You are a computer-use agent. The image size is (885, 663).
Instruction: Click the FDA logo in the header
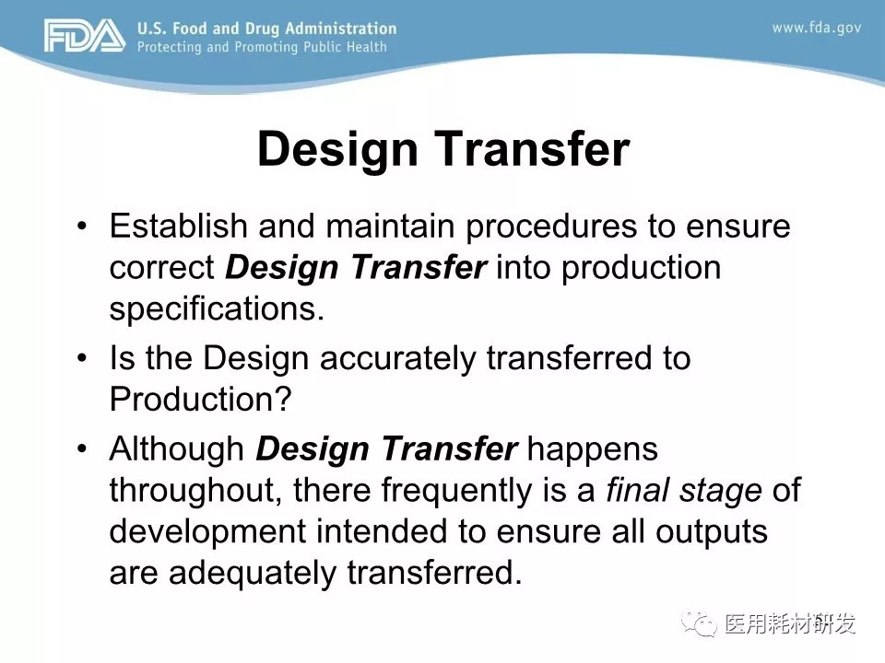coord(85,36)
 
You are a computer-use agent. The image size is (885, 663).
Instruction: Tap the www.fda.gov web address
coord(816,28)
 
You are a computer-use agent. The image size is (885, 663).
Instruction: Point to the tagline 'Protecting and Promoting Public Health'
coord(262,47)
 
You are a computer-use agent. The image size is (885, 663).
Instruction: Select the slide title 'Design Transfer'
coord(443,148)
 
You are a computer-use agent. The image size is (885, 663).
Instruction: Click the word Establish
coord(178,226)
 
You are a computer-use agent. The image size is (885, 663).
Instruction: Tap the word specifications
coord(217,310)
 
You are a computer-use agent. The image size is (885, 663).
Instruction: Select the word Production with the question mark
coord(200,399)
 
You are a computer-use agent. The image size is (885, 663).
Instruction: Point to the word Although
coord(177,450)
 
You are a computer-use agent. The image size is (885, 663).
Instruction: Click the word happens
coord(592,450)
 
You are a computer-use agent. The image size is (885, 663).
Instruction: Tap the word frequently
coord(456,492)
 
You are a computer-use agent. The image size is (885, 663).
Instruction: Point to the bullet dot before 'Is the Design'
coord(82,358)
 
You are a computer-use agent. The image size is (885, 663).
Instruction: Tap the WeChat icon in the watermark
coord(699,623)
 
